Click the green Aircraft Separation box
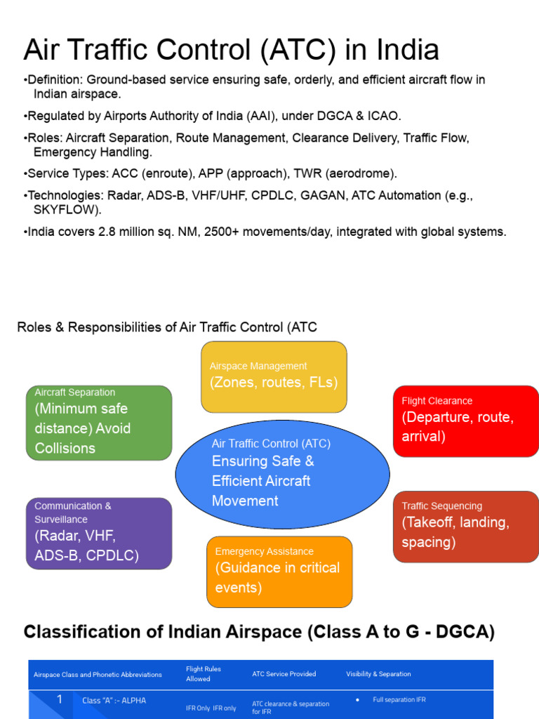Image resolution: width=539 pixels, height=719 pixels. [99, 423]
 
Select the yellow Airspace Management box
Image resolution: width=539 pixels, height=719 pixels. [274, 377]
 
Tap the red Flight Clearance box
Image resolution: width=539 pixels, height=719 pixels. [466, 421]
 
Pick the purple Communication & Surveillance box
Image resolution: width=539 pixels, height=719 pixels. [99, 533]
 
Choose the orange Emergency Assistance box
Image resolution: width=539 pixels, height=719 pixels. [279, 572]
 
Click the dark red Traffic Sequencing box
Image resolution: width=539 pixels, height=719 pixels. [466, 527]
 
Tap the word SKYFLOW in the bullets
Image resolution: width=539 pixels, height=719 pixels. [67, 210]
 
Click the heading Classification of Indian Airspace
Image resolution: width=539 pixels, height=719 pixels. [259, 632]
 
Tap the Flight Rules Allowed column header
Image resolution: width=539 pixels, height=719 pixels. [204, 674]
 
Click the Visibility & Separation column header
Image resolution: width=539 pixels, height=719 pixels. [378, 674]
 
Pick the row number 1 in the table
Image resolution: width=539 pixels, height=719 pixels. [60, 699]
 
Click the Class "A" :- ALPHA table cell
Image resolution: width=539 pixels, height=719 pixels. [114, 701]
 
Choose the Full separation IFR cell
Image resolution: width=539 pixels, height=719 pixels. [399, 699]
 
